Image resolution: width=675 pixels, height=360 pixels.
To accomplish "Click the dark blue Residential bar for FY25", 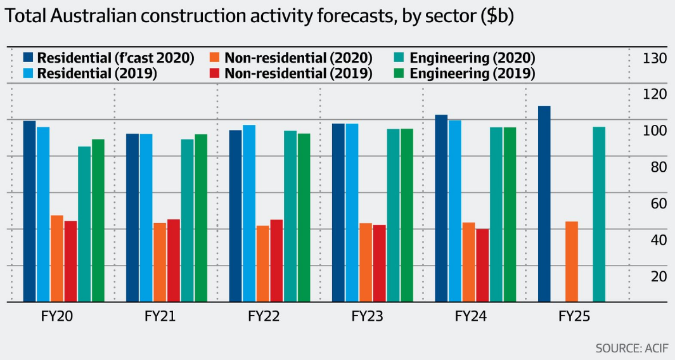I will click(x=544, y=204).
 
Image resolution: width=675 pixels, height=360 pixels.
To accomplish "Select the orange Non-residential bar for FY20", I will click(x=57, y=259).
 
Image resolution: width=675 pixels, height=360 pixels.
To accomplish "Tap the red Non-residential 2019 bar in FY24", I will click(x=482, y=265).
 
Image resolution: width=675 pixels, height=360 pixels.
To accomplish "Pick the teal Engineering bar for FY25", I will click(x=599, y=214).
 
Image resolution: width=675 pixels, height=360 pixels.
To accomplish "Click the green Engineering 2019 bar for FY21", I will click(x=201, y=218).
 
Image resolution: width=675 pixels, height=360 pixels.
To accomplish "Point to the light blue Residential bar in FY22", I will click(x=249, y=214).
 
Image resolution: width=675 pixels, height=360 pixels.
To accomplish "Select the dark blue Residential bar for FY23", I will click(x=338, y=213).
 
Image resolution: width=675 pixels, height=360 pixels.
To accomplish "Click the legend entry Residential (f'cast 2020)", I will click(x=108, y=58).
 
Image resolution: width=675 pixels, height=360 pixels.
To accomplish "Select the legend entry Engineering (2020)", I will click(x=465, y=58).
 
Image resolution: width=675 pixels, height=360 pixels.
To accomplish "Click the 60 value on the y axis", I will click(x=655, y=203).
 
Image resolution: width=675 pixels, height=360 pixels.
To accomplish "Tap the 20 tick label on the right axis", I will click(x=655, y=276).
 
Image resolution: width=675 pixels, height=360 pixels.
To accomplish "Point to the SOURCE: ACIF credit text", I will click(x=630, y=348).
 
